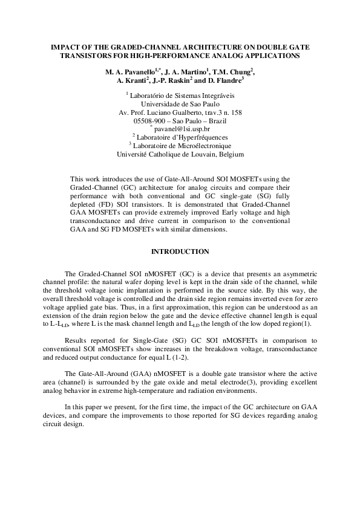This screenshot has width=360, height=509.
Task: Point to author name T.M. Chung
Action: [x=232, y=73]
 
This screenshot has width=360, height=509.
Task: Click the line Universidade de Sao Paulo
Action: [x=180, y=104]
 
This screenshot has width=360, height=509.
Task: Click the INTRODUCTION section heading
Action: [x=180, y=251]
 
